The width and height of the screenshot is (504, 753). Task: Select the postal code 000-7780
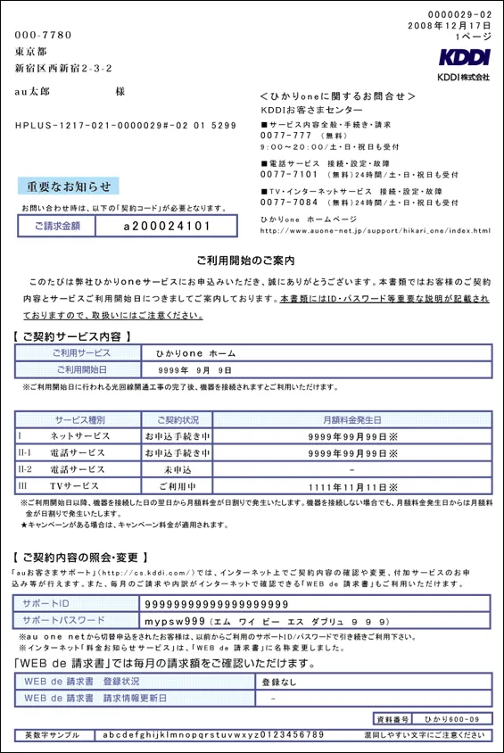click(44, 35)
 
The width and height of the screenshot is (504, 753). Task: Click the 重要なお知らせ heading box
click(68, 186)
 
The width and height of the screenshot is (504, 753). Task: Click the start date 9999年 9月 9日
click(194, 369)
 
